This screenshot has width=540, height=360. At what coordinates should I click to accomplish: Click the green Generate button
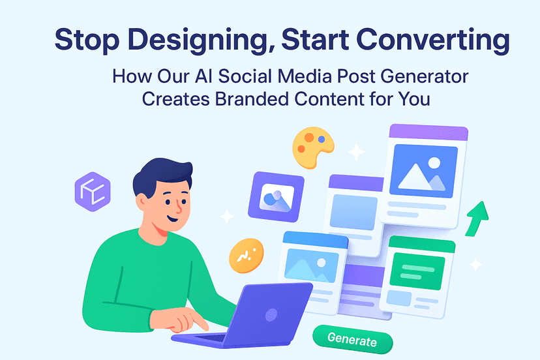[x=353, y=339]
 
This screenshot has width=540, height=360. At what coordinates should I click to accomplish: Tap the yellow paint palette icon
[x=312, y=147]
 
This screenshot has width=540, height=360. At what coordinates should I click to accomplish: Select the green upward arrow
[x=477, y=218]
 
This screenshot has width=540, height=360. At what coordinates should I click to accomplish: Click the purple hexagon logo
[x=93, y=192]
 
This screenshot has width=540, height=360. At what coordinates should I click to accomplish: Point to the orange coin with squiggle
[x=247, y=256]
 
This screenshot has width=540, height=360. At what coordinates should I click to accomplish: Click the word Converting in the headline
[x=433, y=40]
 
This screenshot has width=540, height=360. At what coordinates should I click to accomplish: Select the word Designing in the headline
[x=202, y=40]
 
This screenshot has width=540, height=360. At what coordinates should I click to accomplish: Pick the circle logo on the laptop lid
[x=271, y=314]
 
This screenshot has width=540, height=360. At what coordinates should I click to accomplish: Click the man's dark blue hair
[x=161, y=175]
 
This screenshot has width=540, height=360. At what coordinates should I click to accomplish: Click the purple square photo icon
[x=277, y=197]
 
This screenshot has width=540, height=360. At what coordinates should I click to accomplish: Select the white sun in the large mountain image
[x=434, y=162]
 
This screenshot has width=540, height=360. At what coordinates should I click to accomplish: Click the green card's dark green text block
[x=417, y=271]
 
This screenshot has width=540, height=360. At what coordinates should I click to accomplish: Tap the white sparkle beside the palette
[x=356, y=151]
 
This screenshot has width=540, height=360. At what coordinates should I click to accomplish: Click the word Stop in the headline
[x=87, y=40]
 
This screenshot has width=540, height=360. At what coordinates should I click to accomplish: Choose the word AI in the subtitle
[x=203, y=76]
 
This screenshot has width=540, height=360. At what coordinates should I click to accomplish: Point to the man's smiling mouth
[x=172, y=218]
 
